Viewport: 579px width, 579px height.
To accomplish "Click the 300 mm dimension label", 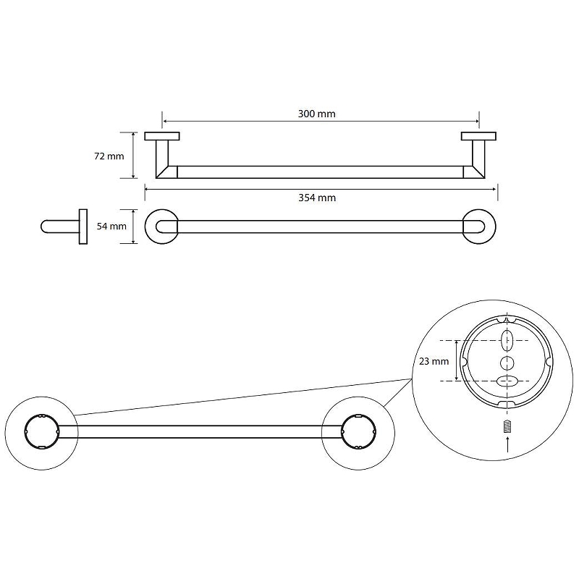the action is (317, 114).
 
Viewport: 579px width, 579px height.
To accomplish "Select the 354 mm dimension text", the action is (317, 198).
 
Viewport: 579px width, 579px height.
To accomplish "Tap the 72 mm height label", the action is (109, 156).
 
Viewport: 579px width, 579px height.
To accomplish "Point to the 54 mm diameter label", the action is (111, 227).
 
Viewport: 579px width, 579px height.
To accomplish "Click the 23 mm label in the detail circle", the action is (434, 361).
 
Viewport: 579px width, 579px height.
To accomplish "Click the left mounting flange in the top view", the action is (162, 136).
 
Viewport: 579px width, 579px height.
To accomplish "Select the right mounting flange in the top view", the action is (478, 136).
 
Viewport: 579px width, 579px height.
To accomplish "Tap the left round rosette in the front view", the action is (161, 227).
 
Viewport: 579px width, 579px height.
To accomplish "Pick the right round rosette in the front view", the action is (479, 227).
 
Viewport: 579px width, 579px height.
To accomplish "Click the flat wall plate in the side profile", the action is (83, 227).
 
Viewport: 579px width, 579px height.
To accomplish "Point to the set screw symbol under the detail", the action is (507, 426).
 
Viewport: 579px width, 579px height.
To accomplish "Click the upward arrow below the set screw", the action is (507, 444).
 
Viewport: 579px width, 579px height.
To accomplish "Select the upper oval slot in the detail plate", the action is (507, 340).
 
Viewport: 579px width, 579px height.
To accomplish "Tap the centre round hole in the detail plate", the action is (507, 363).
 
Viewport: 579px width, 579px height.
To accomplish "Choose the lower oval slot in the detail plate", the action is (507, 381).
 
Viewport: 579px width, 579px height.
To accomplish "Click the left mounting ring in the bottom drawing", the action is (41, 431).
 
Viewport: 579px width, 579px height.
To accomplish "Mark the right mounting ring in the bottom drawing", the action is (358, 431).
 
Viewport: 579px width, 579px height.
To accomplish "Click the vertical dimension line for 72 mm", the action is (134, 156).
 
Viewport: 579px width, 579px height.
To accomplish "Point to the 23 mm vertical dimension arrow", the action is (457, 360).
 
